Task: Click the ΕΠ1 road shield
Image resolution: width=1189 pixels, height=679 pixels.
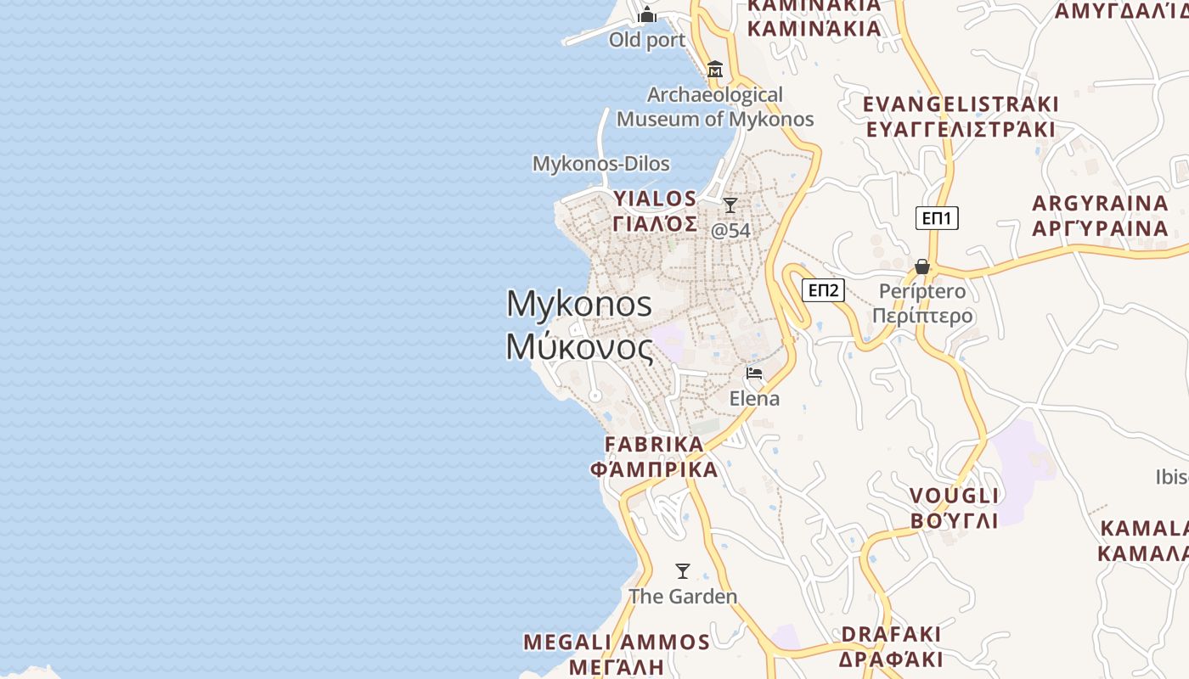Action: click(x=938, y=218)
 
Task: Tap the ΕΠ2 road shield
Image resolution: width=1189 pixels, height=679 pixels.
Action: click(x=823, y=290)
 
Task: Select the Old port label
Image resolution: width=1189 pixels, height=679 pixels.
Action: click(x=647, y=40)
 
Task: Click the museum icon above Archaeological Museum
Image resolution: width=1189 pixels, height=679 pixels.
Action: click(x=715, y=69)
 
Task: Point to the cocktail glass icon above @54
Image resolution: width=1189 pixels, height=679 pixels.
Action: click(x=730, y=205)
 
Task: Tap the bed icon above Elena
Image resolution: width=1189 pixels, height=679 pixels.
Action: click(x=753, y=373)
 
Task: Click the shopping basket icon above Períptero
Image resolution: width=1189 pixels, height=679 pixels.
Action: click(x=922, y=267)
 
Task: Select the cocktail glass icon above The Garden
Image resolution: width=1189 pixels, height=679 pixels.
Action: click(x=683, y=571)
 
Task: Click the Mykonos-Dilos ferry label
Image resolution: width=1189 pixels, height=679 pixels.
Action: click(x=600, y=164)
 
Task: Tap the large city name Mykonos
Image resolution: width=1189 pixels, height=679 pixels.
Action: click(x=579, y=304)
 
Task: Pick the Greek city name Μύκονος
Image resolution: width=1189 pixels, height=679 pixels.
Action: click(x=579, y=346)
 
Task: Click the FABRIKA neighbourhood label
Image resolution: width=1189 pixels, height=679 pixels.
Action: click(x=654, y=444)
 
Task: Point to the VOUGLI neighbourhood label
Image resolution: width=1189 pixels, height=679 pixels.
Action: click(x=955, y=496)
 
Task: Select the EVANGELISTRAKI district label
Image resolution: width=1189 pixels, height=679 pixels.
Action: click(x=961, y=104)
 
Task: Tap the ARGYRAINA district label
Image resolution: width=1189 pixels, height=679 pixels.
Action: click(x=1100, y=204)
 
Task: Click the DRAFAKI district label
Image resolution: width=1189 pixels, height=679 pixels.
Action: click(x=891, y=634)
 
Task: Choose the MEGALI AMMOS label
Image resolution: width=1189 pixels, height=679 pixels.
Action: click(x=617, y=642)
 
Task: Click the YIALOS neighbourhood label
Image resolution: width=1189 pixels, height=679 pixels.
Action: click(x=656, y=199)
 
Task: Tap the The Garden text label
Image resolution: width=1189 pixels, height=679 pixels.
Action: click(x=683, y=597)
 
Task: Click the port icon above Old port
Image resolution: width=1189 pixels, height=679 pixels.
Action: click(x=647, y=14)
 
